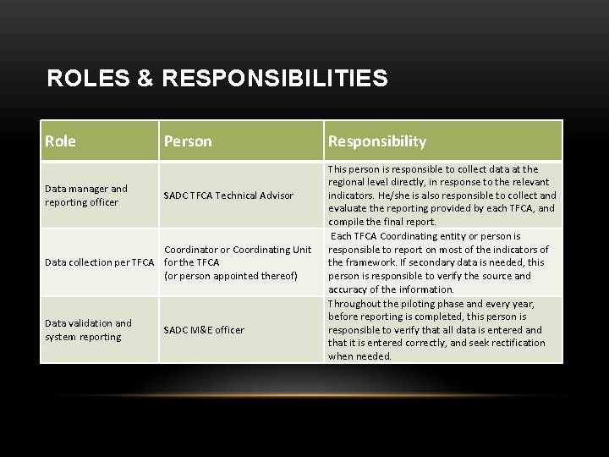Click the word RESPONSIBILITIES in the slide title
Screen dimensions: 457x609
tap(272, 79)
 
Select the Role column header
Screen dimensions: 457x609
tap(61, 141)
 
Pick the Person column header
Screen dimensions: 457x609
tap(188, 141)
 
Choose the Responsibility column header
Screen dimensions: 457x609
tap(377, 141)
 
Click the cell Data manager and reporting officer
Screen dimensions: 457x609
tap(86, 195)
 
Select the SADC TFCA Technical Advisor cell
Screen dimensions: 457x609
tap(228, 195)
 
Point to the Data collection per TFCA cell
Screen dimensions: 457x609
tap(101, 262)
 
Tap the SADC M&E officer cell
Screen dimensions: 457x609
tap(204, 330)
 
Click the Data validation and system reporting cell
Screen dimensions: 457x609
tap(88, 330)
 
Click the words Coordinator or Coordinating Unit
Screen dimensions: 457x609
tap(239, 250)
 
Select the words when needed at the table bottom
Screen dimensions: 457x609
tap(360, 356)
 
